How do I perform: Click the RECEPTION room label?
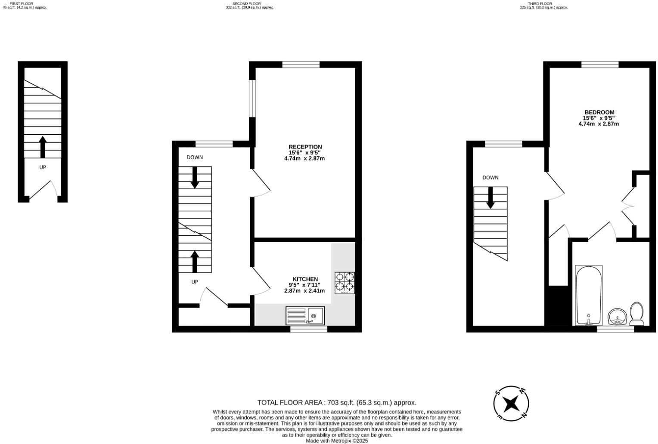tap(305, 147)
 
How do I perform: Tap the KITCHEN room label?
tap(305, 279)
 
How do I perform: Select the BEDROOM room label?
tap(599, 112)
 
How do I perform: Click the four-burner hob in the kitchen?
tap(345, 283)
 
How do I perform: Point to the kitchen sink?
tap(304, 316)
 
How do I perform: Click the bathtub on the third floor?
tap(589, 295)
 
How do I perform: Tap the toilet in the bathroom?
tap(636, 314)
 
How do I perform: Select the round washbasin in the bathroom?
tap(617, 318)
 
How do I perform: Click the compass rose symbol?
tap(511, 404)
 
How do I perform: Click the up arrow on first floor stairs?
tap(42, 147)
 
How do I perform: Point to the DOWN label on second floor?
tap(195, 157)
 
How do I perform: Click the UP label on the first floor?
tap(42, 167)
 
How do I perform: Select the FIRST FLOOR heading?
tap(21, 3)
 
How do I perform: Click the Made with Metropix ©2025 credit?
tap(337, 441)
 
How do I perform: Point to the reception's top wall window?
tap(301, 65)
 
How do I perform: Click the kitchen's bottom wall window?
tap(308, 329)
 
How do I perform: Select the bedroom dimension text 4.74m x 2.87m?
tap(599, 124)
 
